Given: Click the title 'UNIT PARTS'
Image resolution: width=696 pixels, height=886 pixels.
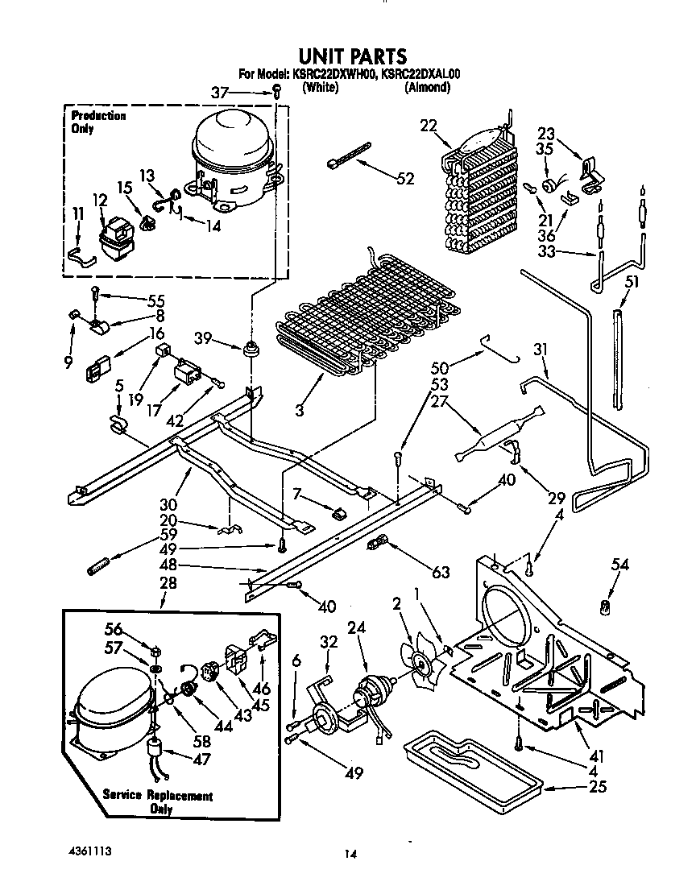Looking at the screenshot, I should click(353, 56).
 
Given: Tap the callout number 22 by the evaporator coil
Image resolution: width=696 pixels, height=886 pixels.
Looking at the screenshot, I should click(428, 125).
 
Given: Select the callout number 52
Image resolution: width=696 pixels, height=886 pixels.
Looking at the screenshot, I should click(405, 178).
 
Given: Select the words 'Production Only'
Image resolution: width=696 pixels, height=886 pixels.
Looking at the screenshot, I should click(97, 122).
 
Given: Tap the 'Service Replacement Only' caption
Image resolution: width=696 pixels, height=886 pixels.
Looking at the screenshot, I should click(157, 801).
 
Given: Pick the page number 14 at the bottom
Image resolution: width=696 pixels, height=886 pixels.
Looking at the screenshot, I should click(349, 854).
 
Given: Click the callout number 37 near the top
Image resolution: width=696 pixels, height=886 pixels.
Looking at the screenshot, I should click(219, 93).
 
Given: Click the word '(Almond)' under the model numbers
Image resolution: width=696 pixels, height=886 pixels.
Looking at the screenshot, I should click(427, 88).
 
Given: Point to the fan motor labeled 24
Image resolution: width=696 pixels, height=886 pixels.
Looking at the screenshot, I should click(371, 692).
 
